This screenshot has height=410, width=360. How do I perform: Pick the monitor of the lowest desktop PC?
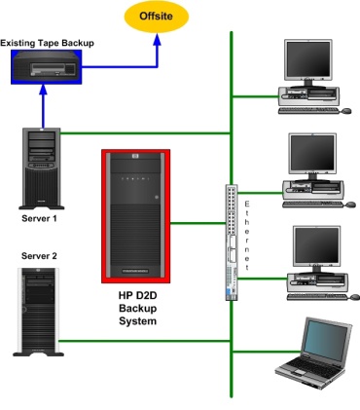[x=309, y=248]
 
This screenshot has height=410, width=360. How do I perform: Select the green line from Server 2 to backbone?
[x=146, y=341]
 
